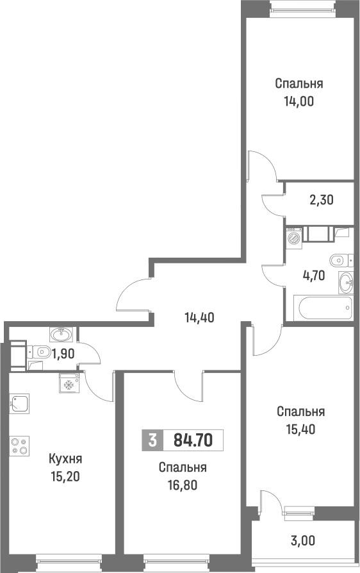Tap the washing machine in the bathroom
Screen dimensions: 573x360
(294, 238)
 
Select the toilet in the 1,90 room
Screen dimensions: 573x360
(42, 351)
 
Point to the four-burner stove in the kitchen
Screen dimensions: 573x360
(19, 445)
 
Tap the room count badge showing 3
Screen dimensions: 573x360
(151, 440)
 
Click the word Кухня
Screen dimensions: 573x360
(66, 459)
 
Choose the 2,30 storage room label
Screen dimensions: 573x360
(322, 200)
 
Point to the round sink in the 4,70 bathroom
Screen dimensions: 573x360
(346, 280)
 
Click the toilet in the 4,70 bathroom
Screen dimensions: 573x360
(339, 260)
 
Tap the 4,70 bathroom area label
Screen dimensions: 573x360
(315, 276)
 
